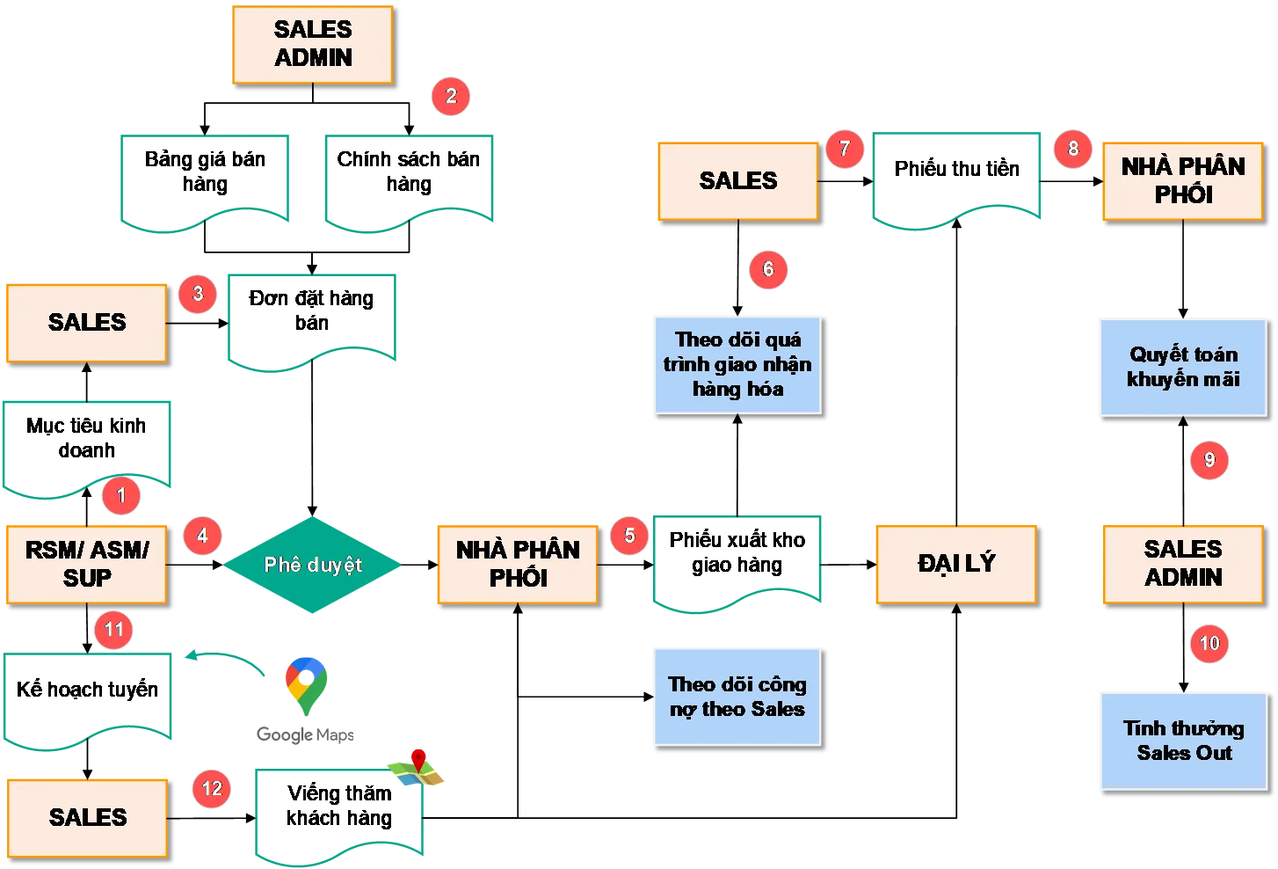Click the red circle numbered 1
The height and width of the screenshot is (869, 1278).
tap(121, 495)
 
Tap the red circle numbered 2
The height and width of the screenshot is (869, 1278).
tap(451, 96)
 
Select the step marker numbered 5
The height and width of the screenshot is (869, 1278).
tap(629, 535)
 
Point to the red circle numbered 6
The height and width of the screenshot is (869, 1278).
tap(768, 269)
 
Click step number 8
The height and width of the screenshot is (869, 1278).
tap(1072, 149)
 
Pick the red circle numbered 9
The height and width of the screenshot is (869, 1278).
tap(1209, 460)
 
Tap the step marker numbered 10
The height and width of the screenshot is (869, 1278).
tap(1209, 644)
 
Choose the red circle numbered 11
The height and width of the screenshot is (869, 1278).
tap(113, 630)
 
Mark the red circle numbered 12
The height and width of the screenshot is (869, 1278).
tap(212, 788)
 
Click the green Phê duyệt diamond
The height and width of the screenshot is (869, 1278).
tap(313, 565)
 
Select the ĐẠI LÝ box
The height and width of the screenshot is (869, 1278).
tap(955, 564)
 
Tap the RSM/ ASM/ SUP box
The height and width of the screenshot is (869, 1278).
tap(87, 564)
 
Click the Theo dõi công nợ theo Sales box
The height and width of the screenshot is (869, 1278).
tap(737, 697)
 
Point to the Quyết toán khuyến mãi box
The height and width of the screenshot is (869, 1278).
tap(1182, 367)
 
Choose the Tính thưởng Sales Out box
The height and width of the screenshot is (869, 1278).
tap(1183, 741)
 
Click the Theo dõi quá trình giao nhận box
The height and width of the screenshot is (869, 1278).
tap(737, 364)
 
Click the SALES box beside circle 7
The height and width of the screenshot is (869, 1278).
tap(737, 181)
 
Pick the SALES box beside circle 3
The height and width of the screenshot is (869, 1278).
tap(87, 322)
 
